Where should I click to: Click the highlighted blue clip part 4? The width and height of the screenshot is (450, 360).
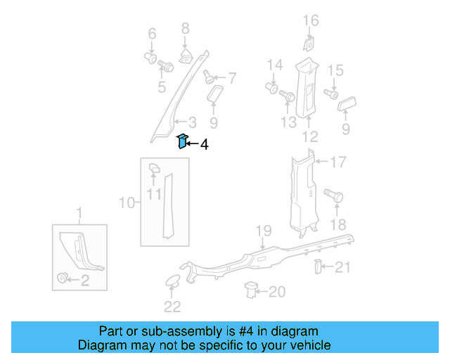(x=181, y=141)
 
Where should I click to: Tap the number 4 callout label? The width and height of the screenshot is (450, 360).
(x=204, y=145)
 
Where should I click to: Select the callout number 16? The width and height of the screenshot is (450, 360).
(x=311, y=21)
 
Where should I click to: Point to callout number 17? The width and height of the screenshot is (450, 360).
(x=338, y=163)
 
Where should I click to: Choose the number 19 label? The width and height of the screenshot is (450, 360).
(x=263, y=231)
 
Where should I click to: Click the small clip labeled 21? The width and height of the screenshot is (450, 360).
(x=318, y=266)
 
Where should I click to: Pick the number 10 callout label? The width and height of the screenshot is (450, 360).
(x=127, y=203)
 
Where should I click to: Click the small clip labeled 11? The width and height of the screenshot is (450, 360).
(x=154, y=168)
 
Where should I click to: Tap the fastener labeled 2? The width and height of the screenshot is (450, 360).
(x=63, y=279)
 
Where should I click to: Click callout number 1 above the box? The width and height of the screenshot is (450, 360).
(x=79, y=213)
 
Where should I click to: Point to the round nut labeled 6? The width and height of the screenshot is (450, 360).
(x=150, y=56)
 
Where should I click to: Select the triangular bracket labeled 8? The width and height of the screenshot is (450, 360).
(x=186, y=54)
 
